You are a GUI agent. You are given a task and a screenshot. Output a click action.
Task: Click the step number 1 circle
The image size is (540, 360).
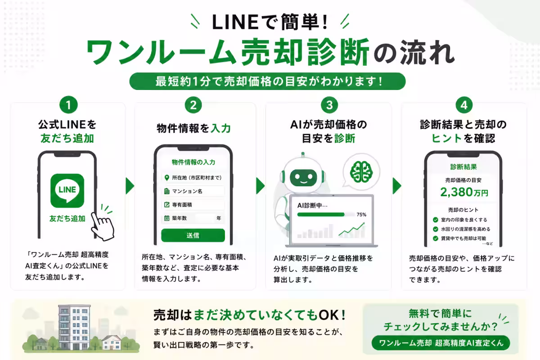tap(68, 105)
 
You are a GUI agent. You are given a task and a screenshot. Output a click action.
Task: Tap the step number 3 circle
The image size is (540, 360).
tap(329, 105)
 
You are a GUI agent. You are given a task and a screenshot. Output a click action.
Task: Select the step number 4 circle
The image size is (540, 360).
tap(464, 105)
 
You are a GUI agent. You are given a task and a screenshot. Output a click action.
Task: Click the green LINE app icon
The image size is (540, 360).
tap(67, 190)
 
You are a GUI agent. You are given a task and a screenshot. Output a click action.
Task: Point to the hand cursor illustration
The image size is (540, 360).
tap(103, 226)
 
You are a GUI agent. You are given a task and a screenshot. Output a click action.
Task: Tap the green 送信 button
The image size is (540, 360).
tap(193, 235)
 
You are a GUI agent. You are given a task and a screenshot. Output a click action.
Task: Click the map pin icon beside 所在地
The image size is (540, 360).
tap(166, 178)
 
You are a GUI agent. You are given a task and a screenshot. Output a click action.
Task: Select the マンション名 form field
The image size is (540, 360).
tap(193, 191)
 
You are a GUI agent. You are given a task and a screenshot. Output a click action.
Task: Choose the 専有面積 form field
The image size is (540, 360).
tap(193, 205)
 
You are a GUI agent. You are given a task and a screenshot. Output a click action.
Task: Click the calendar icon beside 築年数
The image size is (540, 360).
tap(166, 218)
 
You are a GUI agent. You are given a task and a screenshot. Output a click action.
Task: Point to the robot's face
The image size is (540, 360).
tap(303, 178)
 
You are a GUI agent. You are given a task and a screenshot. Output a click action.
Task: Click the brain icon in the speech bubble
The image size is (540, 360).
tap(361, 172)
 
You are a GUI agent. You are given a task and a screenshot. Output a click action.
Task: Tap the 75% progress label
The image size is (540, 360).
tap(361, 215)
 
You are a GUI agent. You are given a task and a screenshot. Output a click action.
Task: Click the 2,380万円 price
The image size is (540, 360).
tap(464, 192)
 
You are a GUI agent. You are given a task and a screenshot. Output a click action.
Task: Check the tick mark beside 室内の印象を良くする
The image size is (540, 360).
tap(436, 220)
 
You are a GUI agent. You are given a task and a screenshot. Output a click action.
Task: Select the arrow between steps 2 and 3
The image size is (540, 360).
tap(260, 186)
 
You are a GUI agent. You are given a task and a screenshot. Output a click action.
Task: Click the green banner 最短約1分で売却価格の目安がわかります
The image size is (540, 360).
tap(268, 81)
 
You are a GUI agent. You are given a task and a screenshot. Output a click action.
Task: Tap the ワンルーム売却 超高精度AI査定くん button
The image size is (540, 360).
tap(441, 343)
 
